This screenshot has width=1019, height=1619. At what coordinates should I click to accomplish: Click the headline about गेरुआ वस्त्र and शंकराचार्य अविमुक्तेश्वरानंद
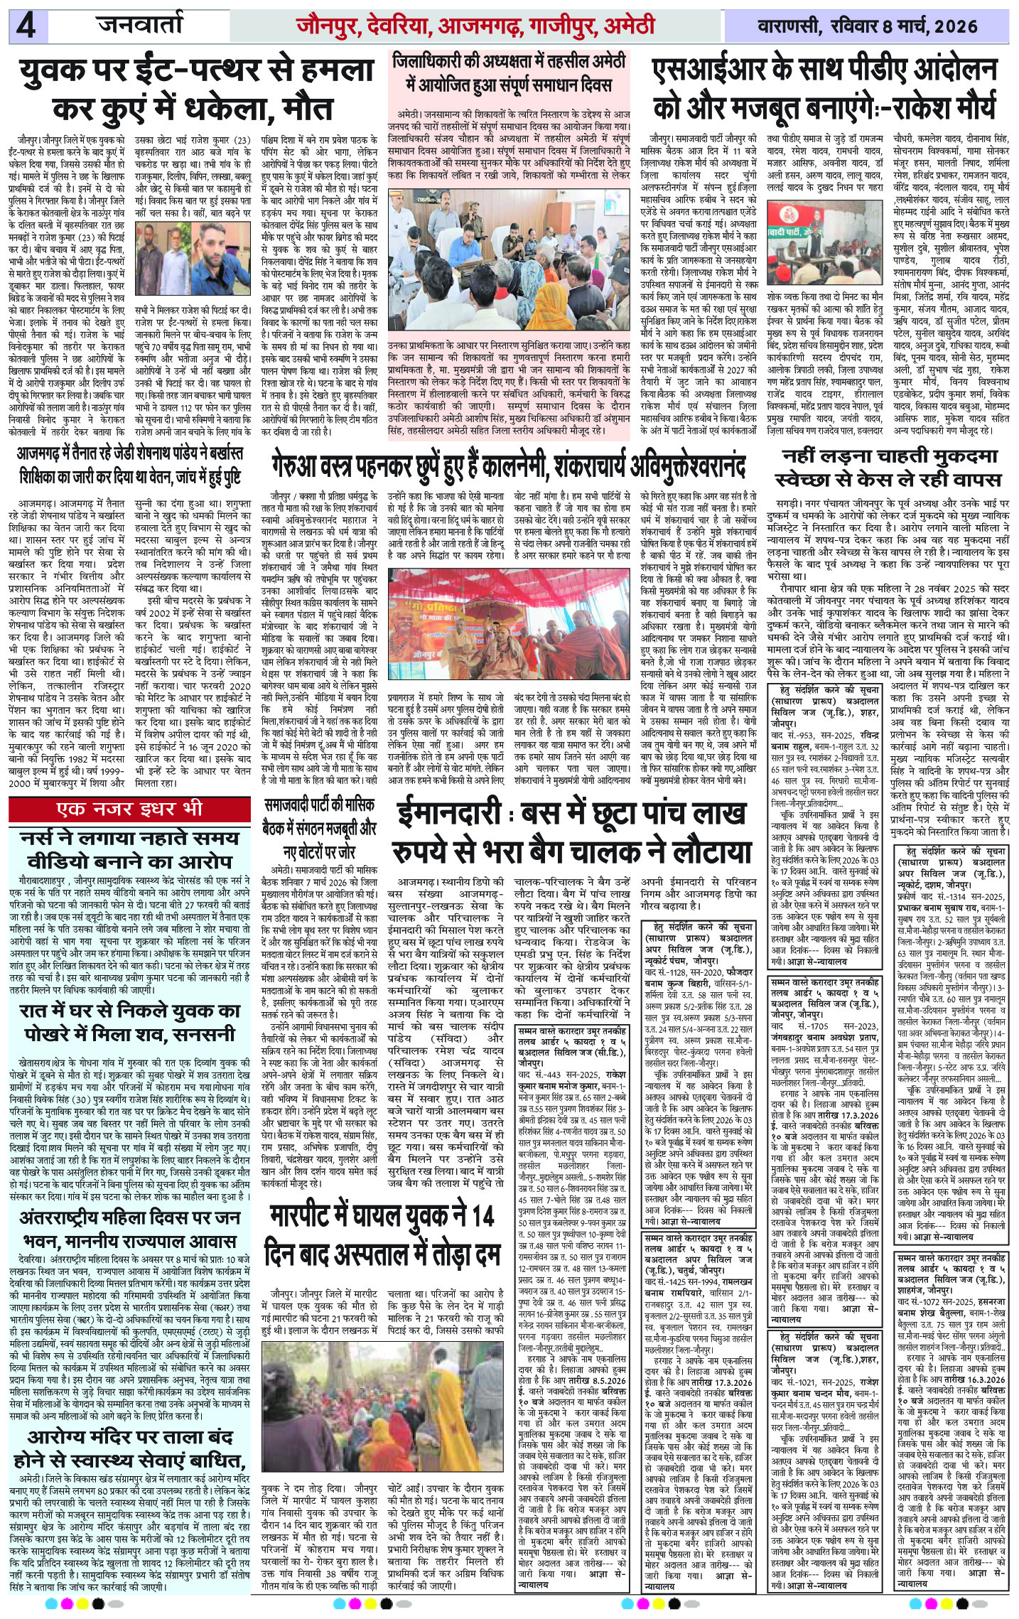click(508, 467)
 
